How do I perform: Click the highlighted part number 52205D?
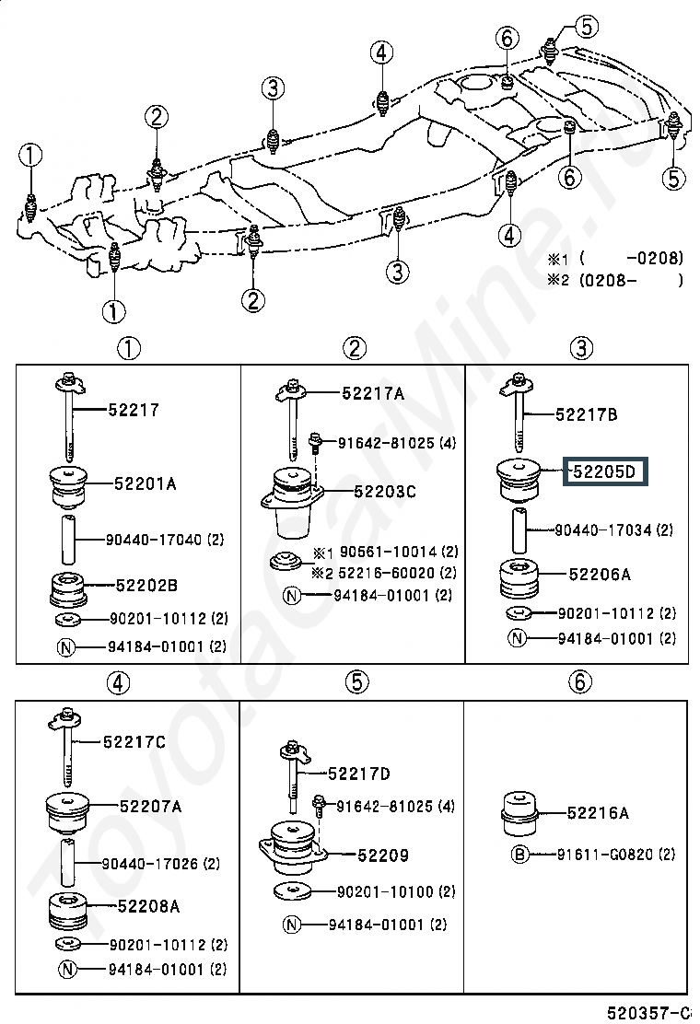click(604, 471)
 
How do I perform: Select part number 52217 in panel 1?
click(134, 410)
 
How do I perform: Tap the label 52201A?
click(145, 484)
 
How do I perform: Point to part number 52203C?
click(384, 491)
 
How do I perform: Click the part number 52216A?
click(598, 812)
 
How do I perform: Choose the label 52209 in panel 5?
click(383, 855)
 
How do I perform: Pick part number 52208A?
click(149, 906)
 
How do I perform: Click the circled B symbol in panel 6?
click(519, 855)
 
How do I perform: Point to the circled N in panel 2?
click(292, 596)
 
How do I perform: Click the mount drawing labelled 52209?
click(292, 848)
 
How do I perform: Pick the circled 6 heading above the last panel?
click(580, 681)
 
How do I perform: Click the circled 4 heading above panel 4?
click(118, 683)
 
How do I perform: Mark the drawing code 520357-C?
click(648, 1012)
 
